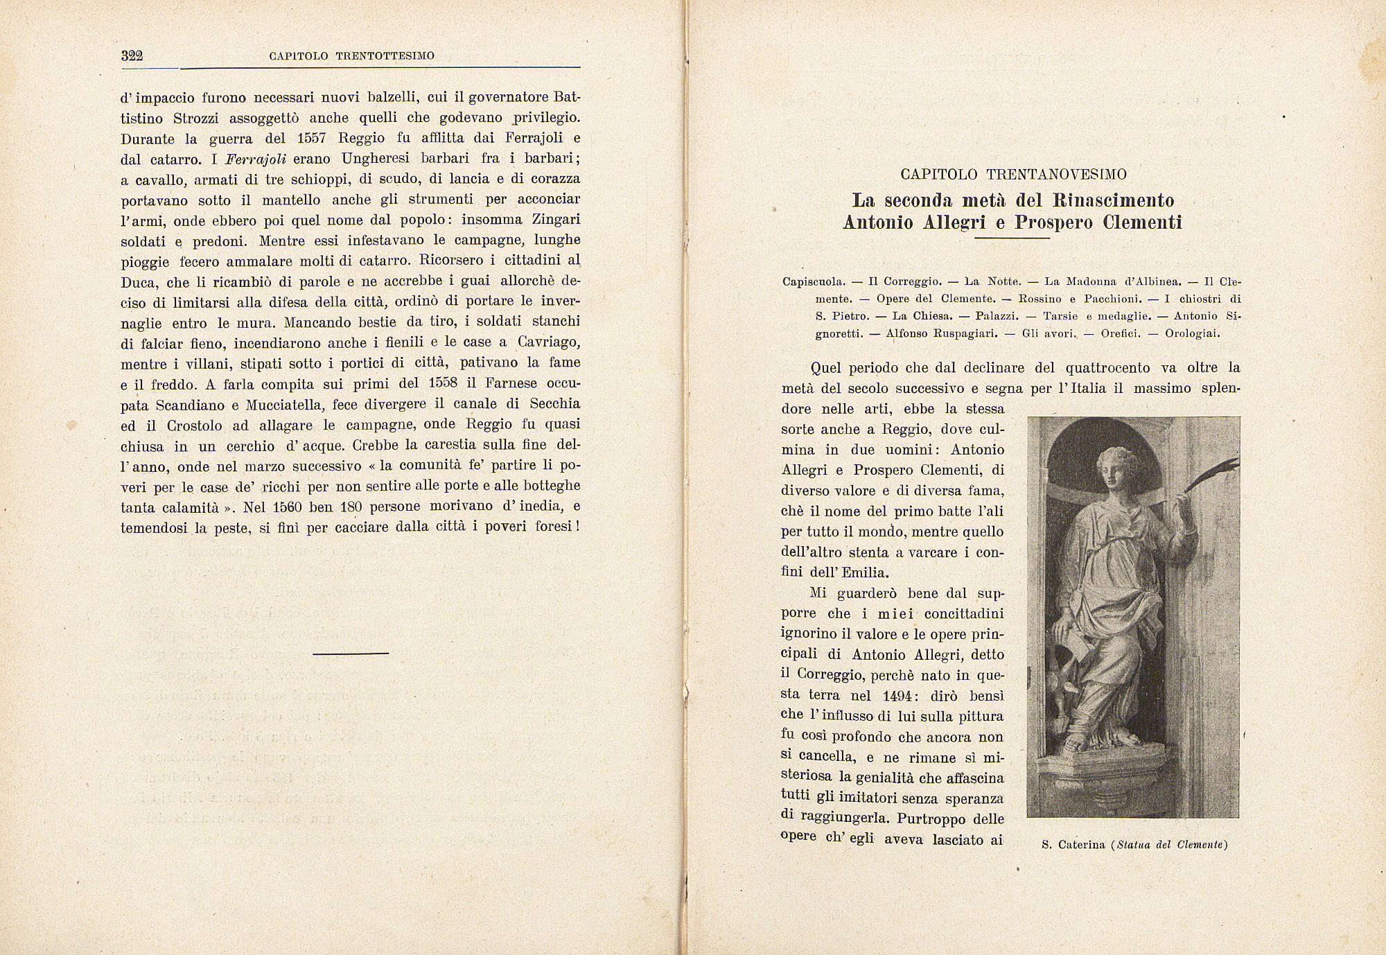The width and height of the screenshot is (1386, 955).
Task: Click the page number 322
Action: pos(132,56)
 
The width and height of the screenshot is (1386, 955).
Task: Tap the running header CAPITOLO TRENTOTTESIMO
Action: pos(351,56)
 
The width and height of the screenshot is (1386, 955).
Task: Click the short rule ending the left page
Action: pos(351,653)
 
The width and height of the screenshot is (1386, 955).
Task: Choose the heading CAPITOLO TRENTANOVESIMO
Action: pos(1013,175)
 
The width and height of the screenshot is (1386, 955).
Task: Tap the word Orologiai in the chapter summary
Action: pos(1192,333)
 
